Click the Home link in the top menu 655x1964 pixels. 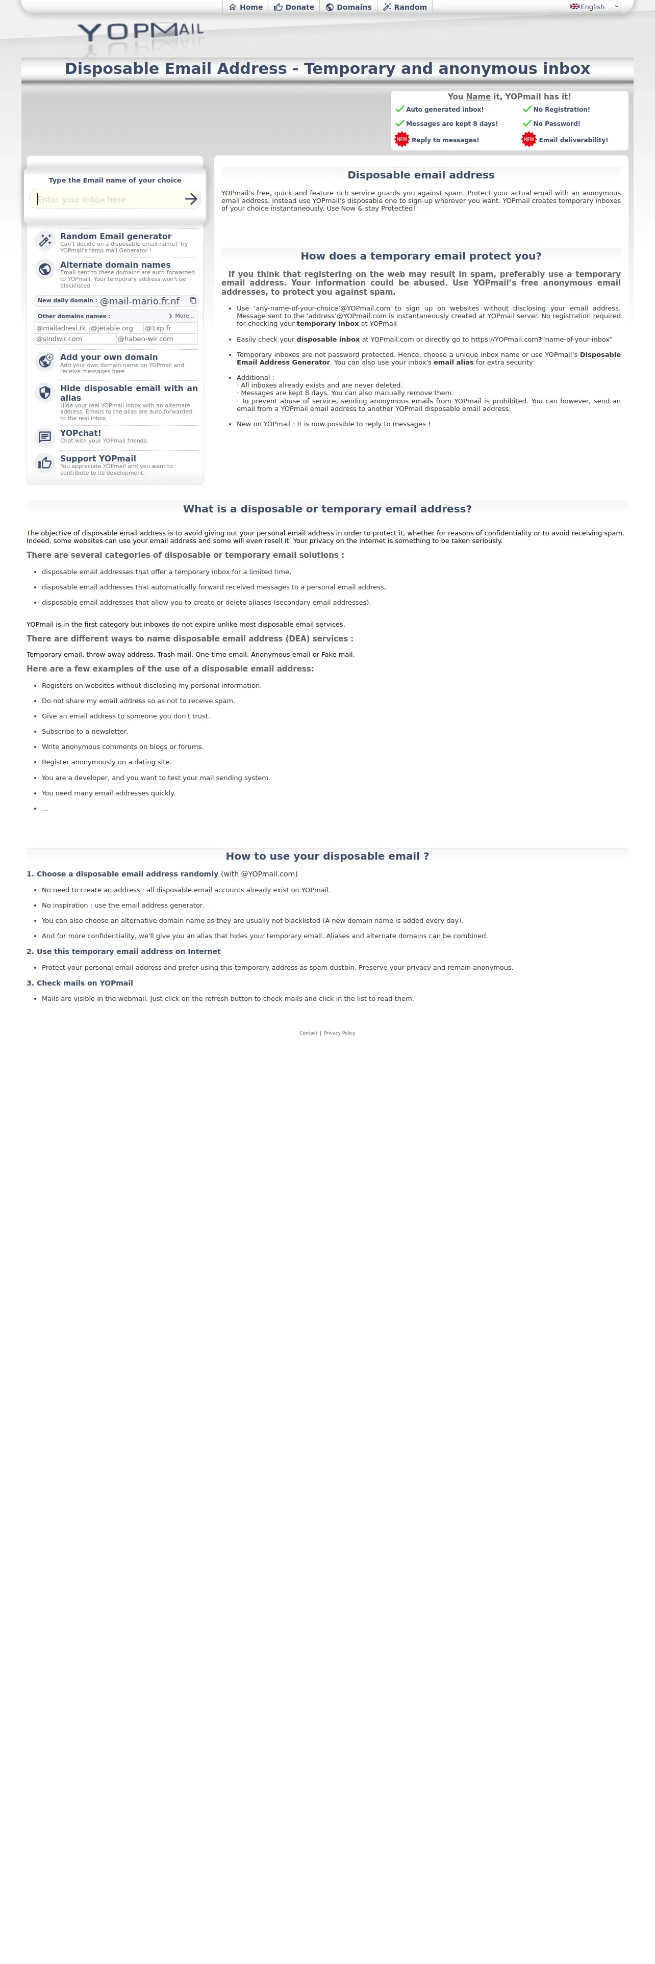click(x=245, y=7)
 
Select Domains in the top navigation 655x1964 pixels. click(x=348, y=7)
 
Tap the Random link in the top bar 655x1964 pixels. click(x=405, y=7)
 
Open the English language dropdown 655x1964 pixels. click(x=595, y=7)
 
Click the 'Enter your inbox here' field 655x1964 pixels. click(x=107, y=199)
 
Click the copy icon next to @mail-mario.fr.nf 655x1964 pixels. click(x=193, y=300)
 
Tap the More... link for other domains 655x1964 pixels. click(x=182, y=316)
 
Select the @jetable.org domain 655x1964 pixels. click(x=112, y=328)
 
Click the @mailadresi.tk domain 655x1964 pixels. click(x=61, y=328)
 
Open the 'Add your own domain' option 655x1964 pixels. click(x=108, y=357)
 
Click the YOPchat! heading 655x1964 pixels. click(x=80, y=433)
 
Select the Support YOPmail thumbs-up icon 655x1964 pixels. click(x=45, y=463)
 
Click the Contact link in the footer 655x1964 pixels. click(x=308, y=1033)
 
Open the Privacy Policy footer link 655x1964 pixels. click(x=339, y=1033)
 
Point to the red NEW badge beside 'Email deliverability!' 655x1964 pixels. click(x=528, y=140)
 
